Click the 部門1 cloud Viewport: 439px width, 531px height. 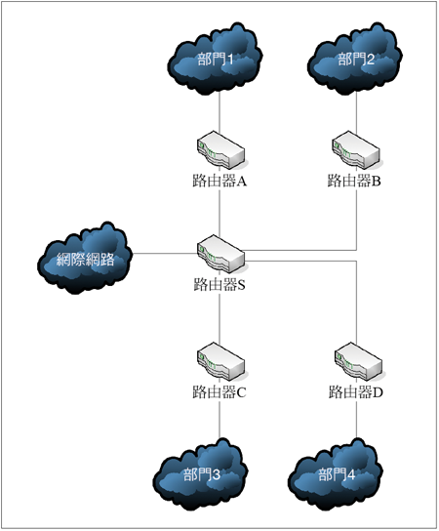[x=215, y=60]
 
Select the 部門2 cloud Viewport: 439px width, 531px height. [x=355, y=60]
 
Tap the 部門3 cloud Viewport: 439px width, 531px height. [x=200, y=474]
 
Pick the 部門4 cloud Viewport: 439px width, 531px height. [x=336, y=474]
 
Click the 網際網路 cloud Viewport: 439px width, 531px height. [x=85, y=259]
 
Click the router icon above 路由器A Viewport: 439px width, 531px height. [x=221, y=150]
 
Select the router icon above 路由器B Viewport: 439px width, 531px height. [x=356, y=150]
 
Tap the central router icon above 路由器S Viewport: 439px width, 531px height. [x=221, y=254]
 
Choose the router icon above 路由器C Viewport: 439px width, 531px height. [x=221, y=362]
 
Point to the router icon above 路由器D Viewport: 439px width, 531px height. [x=358, y=362]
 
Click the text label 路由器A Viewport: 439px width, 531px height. [x=219, y=181]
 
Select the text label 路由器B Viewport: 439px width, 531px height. [x=354, y=181]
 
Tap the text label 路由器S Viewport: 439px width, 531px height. [x=219, y=284]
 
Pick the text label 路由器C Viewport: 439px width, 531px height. [x=219, y=392]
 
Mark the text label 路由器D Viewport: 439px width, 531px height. [x=356, y=392]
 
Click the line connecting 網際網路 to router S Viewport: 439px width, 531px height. [x=165, y=254]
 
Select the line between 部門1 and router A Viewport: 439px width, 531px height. [x=219, y=113]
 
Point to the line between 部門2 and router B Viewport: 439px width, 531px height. [x=356, y=113]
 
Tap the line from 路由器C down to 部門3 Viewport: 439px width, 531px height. [x=219, y=420]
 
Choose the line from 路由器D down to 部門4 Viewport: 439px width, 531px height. [x=356, y=420]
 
